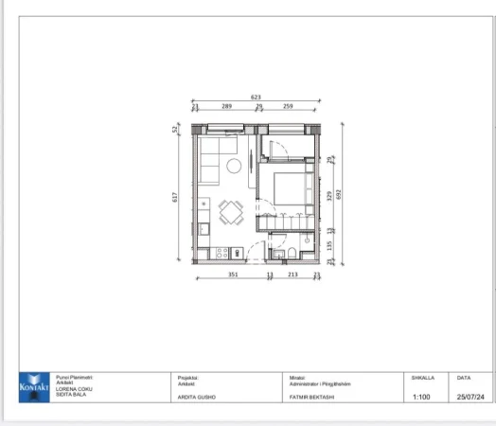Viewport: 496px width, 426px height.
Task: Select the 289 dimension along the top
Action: (x=226, y=106)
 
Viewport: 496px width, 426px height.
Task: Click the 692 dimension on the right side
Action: (x=338, y=194)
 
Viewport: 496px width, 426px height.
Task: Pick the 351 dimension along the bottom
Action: (x=232, y=275)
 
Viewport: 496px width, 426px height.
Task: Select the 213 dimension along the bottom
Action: (x=292, y=275)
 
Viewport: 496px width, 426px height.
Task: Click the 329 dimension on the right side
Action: (x=329, y=196)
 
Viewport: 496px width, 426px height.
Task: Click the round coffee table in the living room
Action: (x=233, y=167)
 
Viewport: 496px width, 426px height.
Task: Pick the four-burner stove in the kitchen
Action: (x=221, y=253)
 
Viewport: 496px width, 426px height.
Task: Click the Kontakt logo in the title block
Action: (x=32, y=387)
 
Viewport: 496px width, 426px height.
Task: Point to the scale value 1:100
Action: (x=422, y=397)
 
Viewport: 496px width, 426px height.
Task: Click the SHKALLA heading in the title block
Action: (x=422, y=377)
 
